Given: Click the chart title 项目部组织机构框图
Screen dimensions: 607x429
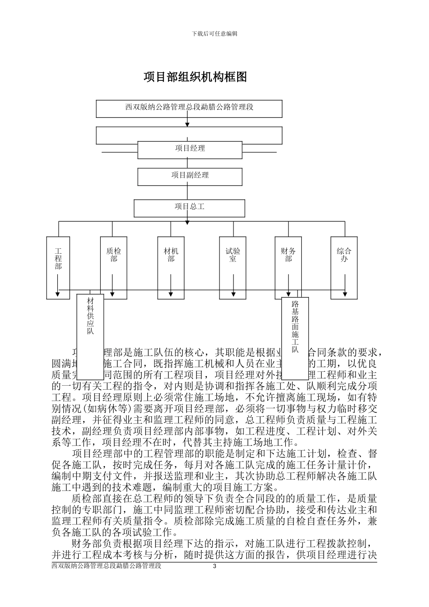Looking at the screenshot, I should pos(195,77).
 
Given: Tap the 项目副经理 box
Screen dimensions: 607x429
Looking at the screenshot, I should pos(190,176).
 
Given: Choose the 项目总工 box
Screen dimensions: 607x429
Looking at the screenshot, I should pos(190,207).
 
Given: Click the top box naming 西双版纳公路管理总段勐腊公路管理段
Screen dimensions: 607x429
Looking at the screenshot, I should pos(189,108).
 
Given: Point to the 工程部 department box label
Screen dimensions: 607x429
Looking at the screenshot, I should pos(58,259).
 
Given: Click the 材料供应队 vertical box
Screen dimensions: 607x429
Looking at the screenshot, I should pos(90,316).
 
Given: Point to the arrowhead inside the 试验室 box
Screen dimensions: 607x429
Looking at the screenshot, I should pos(233,295).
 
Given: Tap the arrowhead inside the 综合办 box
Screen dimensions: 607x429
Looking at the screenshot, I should pos(345,295).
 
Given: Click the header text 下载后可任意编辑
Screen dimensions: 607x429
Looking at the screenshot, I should pos(214,33).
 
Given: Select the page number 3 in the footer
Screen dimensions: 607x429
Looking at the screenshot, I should pos(214,566).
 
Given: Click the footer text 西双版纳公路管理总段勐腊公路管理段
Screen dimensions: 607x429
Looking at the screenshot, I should pos(107,566).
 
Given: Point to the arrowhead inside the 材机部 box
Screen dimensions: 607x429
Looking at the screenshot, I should pos(171,295).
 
